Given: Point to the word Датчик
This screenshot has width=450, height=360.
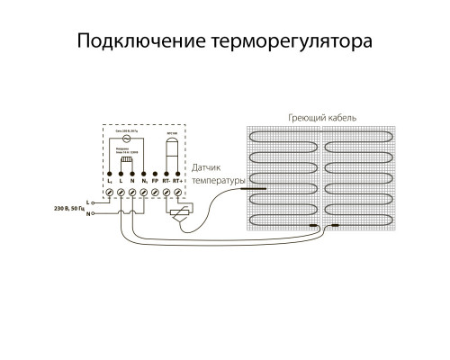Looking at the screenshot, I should [x=210, y=168].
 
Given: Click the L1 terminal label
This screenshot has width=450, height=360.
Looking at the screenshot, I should [x=109, y=183].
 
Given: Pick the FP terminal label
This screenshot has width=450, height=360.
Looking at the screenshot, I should [x=156, y=183].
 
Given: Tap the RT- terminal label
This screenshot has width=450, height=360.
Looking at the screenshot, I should [x=167, y=183].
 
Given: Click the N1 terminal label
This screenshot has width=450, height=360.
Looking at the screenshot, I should [x=144, y=183].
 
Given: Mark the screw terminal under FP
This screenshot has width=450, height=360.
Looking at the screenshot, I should [x=156, y=193].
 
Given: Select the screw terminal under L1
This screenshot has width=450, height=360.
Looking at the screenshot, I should [x=109, y=193].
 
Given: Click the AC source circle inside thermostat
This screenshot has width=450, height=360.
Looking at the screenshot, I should [x=128, y=142].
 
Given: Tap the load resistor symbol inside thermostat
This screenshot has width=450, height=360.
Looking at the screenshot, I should [x=127, y=158].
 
